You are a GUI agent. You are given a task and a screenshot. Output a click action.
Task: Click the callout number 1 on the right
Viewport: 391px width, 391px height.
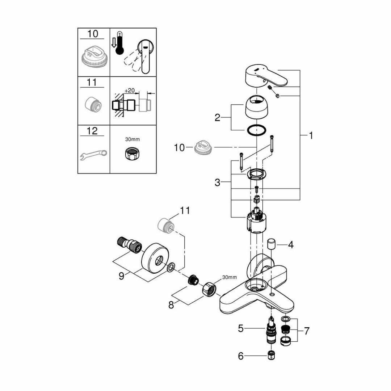(311, 136)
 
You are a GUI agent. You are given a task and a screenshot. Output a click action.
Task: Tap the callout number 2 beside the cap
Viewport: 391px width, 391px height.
(217, 118)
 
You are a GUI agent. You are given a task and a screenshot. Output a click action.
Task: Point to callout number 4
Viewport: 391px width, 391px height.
(291, 245)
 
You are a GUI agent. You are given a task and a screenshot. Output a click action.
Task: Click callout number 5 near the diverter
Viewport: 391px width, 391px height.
(241, 329)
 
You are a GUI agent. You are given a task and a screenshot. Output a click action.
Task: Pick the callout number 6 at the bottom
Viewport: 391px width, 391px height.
(241, 356)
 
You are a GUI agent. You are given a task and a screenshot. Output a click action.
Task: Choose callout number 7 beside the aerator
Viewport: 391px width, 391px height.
(307, 331)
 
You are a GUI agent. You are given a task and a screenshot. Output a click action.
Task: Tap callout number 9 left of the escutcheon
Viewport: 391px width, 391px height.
(122, 276)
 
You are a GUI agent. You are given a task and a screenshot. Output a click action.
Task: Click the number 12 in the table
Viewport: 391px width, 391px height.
(93, 131)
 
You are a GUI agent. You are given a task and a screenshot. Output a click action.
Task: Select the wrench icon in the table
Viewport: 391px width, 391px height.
(93, 154)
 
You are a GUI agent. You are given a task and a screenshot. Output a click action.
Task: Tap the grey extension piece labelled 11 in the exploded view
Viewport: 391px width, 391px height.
(165, 225)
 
